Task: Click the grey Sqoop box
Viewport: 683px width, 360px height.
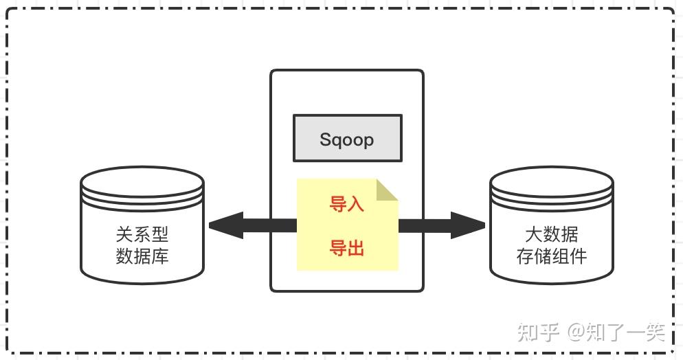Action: pyautogui.click(x=347, y=139)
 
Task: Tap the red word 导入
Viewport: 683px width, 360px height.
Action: pyautogui.click(x=347, y=204)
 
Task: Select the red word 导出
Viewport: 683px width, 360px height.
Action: pyautogui.click(x=347, y=248)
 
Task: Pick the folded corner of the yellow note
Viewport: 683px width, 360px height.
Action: pyautogui.click(x=388, y=188)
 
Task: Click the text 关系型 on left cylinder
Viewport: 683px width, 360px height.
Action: pyautogui.click(x=142, y=236)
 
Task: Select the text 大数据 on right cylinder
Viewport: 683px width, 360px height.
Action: pyautogui.click(x=551, y=236)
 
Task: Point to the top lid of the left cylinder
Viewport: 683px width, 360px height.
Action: pyautogui.click(x=142, y=180)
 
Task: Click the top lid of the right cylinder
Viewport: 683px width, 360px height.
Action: pyautogui.click(x=551, y=180)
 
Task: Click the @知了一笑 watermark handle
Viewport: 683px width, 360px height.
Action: pyautogui.click(x=616, y=333)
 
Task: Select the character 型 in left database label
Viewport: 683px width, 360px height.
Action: pyautogui.click(x=159, y=236)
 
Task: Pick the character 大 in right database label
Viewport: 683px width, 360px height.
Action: pyautogui.click(x=533, y=236)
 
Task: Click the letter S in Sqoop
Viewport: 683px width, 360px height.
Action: pyautogui.click(x=326, y=139)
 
